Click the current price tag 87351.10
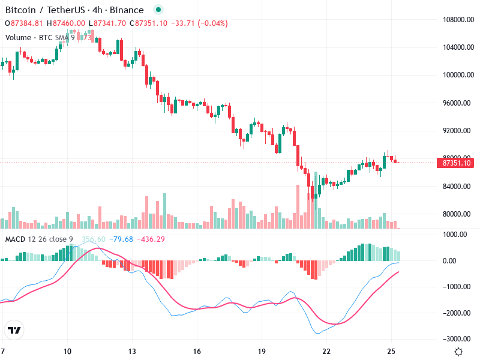tap(457, 163)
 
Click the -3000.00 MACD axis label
tap(458, 339)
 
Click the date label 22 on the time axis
tap(326, 351)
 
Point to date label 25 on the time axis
tap(391, 351)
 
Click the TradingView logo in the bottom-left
tap(14, 331)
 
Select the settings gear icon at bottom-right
tap(458, 352)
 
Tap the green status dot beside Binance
tap(158, 10)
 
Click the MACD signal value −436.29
tap(151, 239)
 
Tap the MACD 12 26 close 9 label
tap(39, 239)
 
